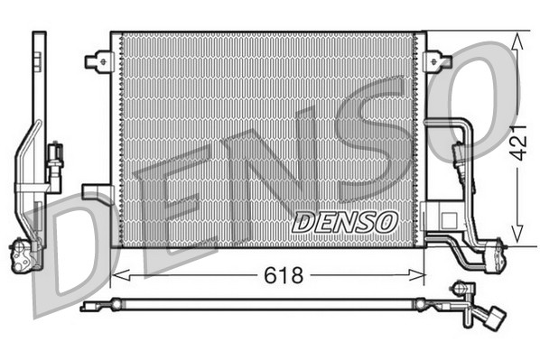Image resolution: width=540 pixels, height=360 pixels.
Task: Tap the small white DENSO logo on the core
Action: (344, 221)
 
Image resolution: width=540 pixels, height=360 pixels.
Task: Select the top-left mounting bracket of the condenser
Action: (96, 61)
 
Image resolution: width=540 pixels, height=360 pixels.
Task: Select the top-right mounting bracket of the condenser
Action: (439, 61)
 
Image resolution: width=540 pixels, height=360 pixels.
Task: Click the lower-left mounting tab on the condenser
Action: (95, 191)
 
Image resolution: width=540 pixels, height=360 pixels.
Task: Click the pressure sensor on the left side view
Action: (55, 156)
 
